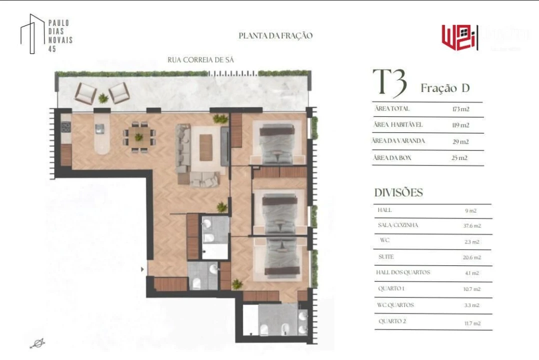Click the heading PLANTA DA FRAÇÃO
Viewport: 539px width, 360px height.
click(x=275, y=35)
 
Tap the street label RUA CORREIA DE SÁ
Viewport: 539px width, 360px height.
click(x=200, y=60)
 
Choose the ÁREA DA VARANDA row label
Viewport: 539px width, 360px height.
click(x=398, y=141)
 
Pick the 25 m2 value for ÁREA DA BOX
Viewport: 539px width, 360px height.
click(x=460, y=158)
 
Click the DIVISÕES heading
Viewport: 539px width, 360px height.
click(x=398, y=192)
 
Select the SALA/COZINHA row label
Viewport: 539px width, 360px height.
click(x=398, y=225)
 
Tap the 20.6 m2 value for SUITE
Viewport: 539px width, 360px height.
click(x=472, y=257)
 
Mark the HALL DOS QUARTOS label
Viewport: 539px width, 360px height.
click(x=403, y=272)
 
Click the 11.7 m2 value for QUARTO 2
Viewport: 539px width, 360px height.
click(x=472, y=323)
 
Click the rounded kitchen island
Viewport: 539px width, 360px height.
click(x=102, y=137)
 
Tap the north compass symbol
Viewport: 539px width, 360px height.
click(x=37, y=343)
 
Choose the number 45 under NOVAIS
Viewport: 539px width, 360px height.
click(x=52, y=49)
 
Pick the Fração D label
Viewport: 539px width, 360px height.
click(x=445, y=88)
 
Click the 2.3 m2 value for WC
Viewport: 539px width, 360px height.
click(x=472, y=242)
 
